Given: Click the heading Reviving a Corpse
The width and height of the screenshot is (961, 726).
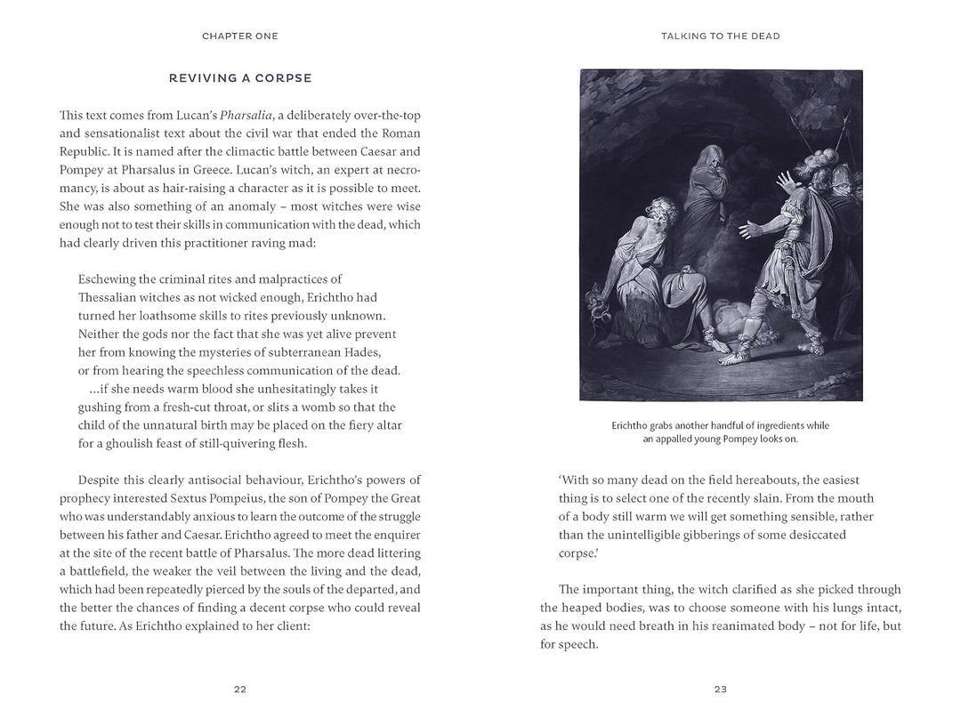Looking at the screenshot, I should [x=240, y=78].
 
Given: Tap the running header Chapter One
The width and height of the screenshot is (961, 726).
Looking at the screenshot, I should [x=240, y=36].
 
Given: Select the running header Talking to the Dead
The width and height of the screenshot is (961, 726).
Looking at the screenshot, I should [x=721, y=36].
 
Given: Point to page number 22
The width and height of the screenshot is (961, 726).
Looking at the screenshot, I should [x=240, y=689].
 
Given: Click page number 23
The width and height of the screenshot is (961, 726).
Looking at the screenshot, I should [x=721, y=689].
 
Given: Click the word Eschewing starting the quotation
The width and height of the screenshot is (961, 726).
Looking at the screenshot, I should [x=110, y=279].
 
